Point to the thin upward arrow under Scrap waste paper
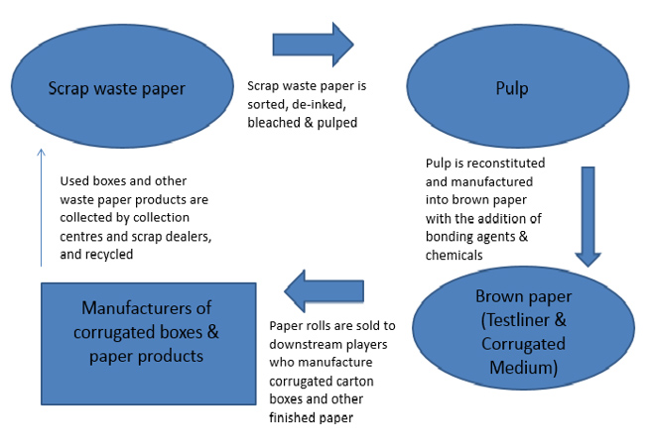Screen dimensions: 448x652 tap(41, 207)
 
